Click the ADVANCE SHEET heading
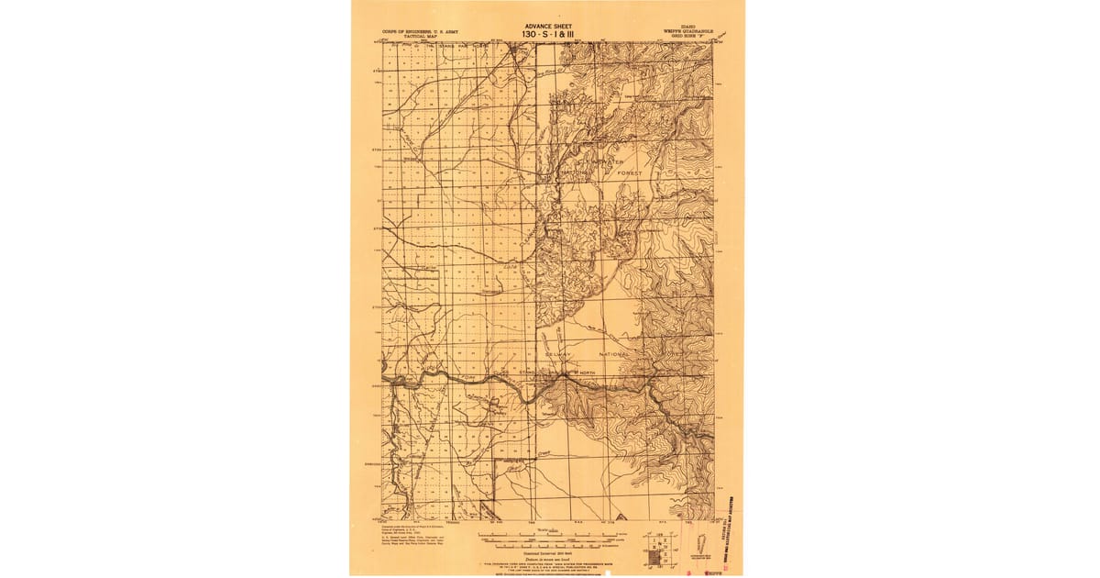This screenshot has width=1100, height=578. pyautogui.click(x=547, y=27)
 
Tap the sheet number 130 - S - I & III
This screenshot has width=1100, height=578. pyautogui.click(x=547, y=35)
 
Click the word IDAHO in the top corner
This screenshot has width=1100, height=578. pyautogui.click(x=684, y=27)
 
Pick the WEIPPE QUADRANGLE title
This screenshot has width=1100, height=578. pyautogui.click(x=684, y=31)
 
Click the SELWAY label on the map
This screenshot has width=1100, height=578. pyautogui.click(x=557, y=352)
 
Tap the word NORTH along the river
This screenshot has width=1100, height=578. pyautogui.click(x=587, y=372)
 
